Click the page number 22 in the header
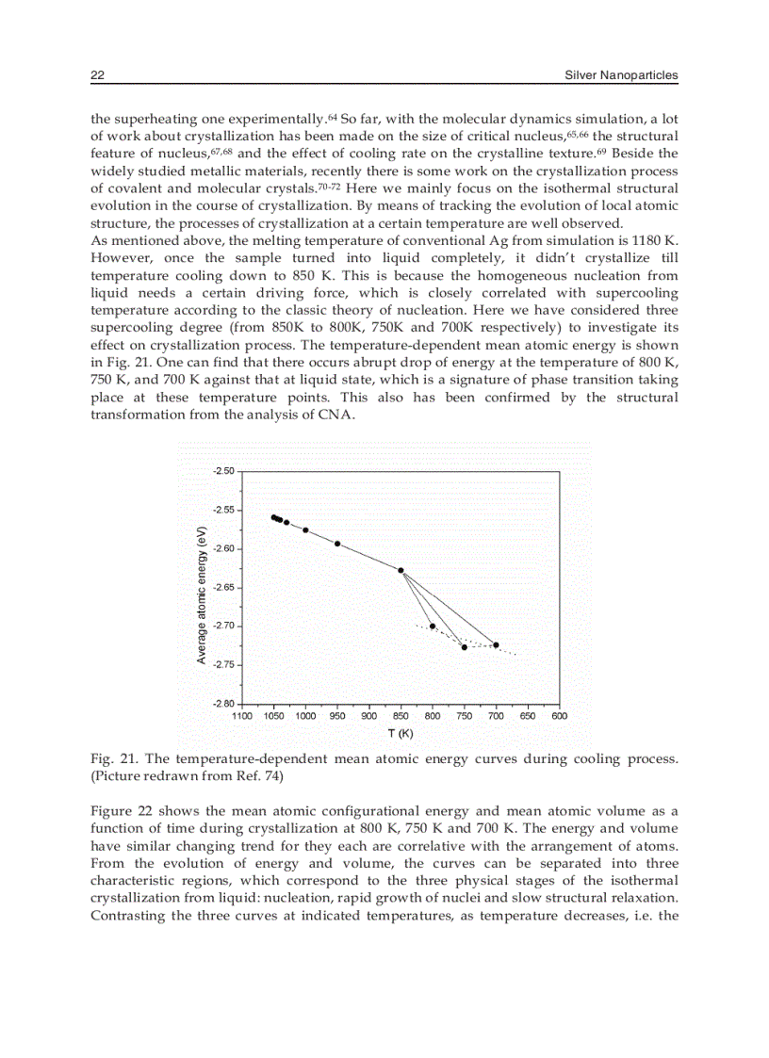click(96, 75)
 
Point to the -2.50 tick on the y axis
click(225, 470)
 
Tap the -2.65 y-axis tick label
click(225, 587)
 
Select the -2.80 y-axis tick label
click(225, 703)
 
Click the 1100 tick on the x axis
click(242, 716)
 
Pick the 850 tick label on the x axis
click(401, 716)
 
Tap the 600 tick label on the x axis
click(559, 716)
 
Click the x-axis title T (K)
click(401, 733)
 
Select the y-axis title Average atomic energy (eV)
click(202, 594)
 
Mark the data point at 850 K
click(401, 570)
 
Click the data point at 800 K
click(433, 626)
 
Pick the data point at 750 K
click(465, 647)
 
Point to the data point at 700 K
click(496, 645)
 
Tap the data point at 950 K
click(337, 544)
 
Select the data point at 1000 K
click(305, 530)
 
